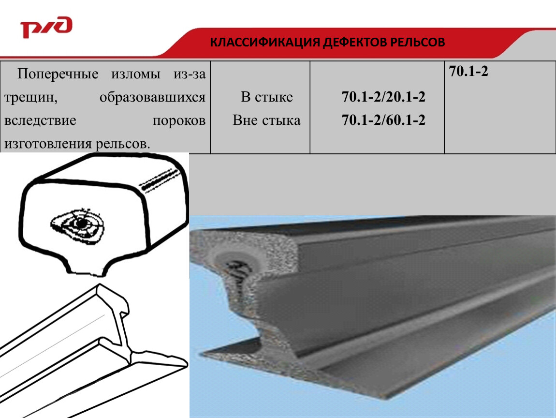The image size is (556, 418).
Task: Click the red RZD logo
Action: tap(46, 27)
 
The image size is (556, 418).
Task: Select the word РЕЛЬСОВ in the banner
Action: tap(417, 42)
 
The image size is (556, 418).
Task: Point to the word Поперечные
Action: tap(58, 74)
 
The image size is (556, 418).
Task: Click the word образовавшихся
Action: tap(152, 97)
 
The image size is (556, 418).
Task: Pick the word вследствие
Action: tap(40, 120)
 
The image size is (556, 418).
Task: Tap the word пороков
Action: tap(179, 120)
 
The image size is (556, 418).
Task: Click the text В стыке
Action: tap(267, 97)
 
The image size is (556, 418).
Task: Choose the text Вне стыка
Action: tap(266, 120)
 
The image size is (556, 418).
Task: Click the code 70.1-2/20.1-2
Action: tap(383, 97)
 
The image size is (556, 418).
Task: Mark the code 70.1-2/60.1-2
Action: tap(383, 120)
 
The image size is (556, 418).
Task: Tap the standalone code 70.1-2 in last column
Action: tap(468, 71)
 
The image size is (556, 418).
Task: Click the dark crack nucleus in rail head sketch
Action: tap(81, 224)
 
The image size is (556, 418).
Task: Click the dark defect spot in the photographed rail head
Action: tap(238, 269)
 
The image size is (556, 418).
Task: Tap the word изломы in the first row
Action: tap(136, 74)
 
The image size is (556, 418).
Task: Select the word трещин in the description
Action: tap(31, 98)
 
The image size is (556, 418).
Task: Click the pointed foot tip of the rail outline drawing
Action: tap(187, 363)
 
